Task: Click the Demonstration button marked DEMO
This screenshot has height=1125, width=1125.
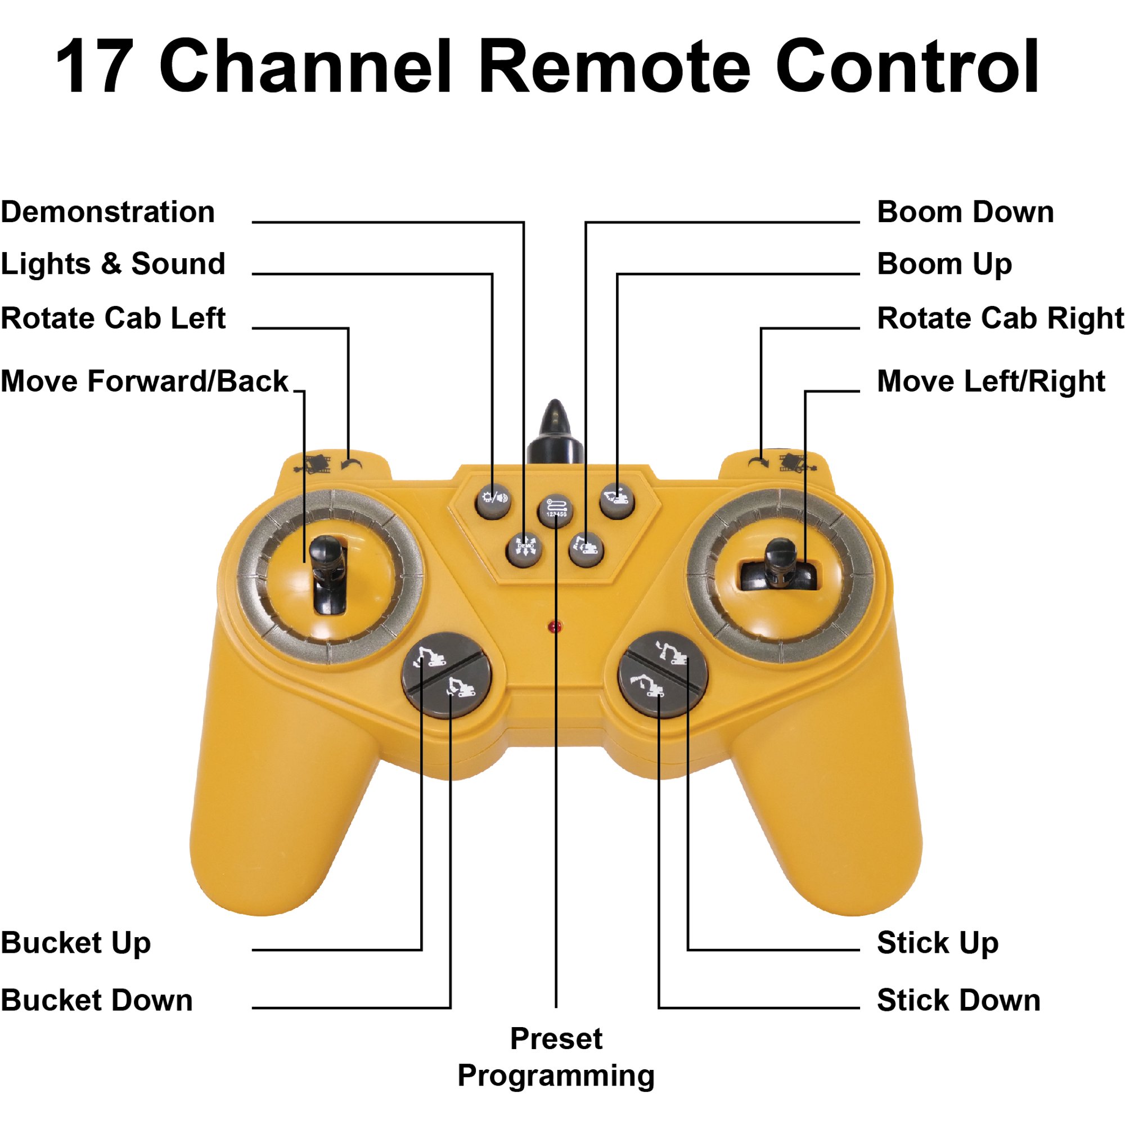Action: pyautogui.click(x=525, y=548)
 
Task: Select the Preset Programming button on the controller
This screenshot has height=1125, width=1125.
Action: pyautogui.click(x=556, y=511)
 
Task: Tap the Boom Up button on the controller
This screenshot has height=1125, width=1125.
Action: pyautogui.click(x=617, y=499)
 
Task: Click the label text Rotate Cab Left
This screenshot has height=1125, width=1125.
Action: pyautogui.click(x=113, y=318)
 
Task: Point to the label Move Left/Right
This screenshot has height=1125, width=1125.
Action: pyautogui.click(x=991, y=381)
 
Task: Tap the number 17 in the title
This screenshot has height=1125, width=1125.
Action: pyautogui.click(x=95, y=65)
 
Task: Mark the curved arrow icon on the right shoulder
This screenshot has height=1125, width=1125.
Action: pyautogui.click(x=759, y=463)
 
